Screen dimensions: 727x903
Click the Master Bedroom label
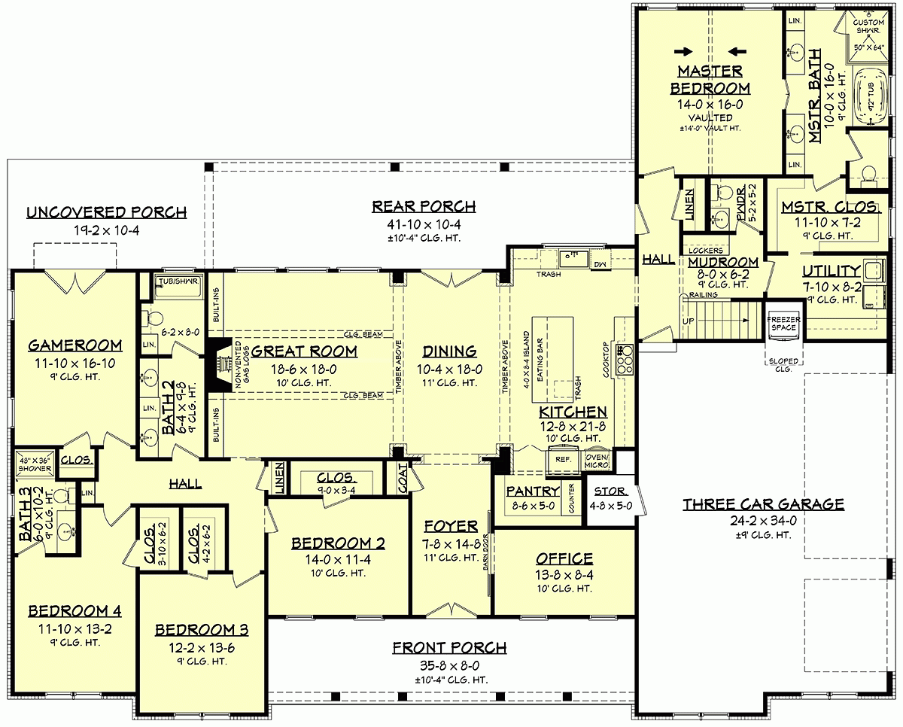pyautogui.click(x=711, y=80)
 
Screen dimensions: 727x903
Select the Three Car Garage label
pyautogui.click(x=763, y=504)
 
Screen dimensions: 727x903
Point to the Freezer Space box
pyautogui.click(x=783, y=323)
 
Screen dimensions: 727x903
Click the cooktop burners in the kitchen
pyautogui.click(x=624, y=360)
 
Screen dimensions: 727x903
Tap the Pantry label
pyautogui.click(x=531, y=491)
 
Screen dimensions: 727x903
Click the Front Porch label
pyautogui.click(x=449, y=648)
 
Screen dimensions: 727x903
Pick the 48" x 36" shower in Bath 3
pyautogui.click(x=34, y=464)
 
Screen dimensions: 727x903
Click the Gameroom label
pyautogui.click(x=75, y=345)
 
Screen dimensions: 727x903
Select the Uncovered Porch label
pyautogui.click(x=106, y=213)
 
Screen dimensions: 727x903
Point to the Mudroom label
pyautogui.click(x=722, y=262)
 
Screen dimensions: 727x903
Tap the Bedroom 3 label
pyautogui.click(x=201, y=630)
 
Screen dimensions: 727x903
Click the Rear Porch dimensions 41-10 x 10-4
pyautogui.click(x=424, y=224)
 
